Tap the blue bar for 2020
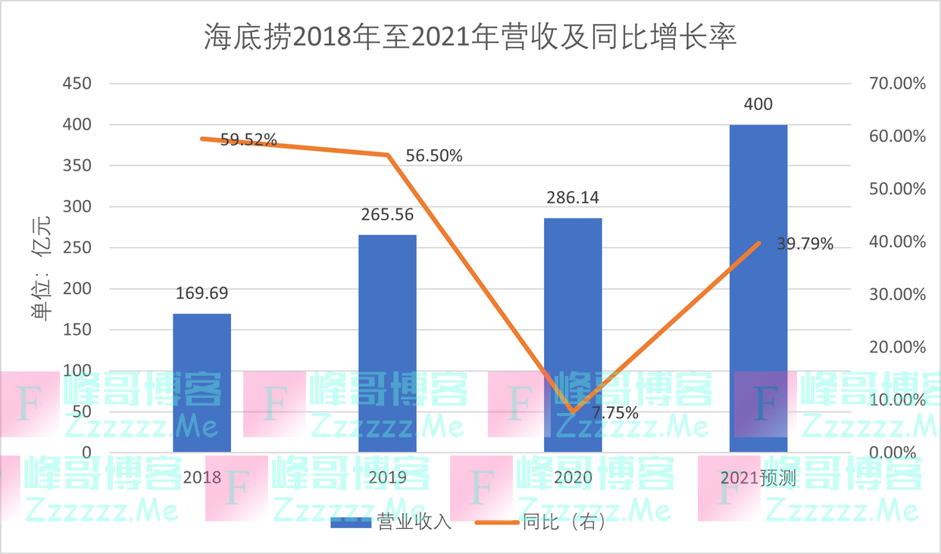pos(573,318)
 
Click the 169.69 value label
pos(202,293)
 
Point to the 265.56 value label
pos(387,214)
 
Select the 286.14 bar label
pos(573,198)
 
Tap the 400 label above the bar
pos(758,105)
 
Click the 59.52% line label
pos(249,139)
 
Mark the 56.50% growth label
pos(434,156)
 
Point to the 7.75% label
pos(614,413)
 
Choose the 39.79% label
pos(805,244)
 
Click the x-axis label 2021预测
pos(758,477)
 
